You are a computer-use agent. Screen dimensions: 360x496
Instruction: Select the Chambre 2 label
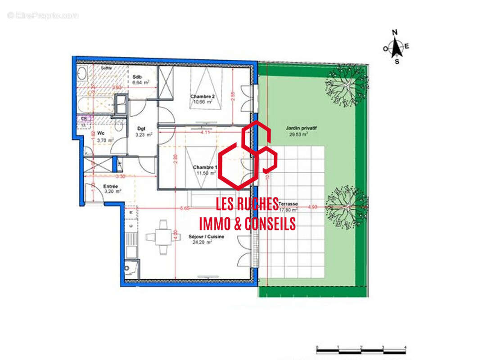202,97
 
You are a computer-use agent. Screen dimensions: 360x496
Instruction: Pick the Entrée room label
111,186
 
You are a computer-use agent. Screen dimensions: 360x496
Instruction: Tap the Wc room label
101,134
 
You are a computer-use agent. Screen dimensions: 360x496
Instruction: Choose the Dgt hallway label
141,129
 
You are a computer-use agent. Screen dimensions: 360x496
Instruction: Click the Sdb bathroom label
137,76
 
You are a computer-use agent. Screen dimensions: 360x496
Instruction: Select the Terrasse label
288,204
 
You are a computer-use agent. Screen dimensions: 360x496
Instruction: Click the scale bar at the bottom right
361,350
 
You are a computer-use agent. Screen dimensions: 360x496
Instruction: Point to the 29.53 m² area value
298,134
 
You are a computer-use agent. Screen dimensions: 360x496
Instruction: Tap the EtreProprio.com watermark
43,16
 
